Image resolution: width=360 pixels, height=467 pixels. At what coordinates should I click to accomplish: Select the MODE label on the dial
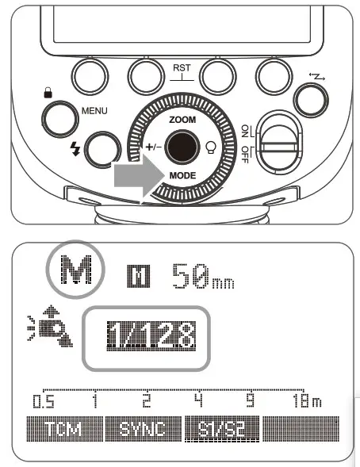coord(182,174)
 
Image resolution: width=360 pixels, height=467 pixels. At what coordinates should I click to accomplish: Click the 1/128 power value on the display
coord(148,337)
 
